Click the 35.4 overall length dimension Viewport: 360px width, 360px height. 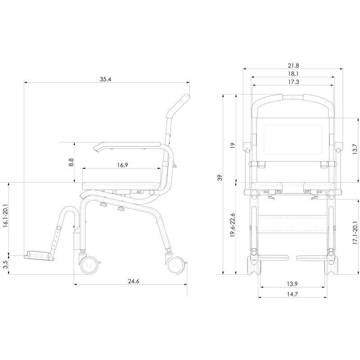(105, 79)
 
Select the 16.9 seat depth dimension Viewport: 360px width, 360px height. (122, 165)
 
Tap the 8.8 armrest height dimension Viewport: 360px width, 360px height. (71, 162)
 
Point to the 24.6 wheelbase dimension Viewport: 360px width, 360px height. (134, 281)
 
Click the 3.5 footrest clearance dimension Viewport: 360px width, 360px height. (5, 265)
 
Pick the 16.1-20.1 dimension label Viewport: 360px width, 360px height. (5, 216)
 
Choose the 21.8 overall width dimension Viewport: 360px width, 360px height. (293, 66)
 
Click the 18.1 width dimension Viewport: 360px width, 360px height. (293, 74)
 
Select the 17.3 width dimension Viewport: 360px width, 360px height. (293, 82)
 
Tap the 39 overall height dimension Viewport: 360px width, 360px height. (220, 178)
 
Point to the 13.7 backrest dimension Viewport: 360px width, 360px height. (355, 149)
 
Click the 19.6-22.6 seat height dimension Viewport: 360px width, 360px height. (233, 225)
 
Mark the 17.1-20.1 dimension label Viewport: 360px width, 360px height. (355, 233)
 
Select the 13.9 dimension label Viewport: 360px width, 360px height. (292, 284)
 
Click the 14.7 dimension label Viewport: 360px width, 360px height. (292, 294)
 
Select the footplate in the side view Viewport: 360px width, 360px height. (38, 255)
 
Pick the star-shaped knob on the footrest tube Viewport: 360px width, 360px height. (59, 228)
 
